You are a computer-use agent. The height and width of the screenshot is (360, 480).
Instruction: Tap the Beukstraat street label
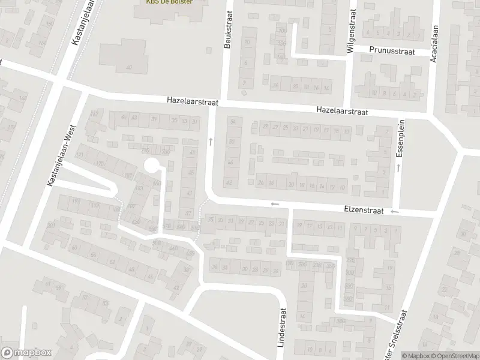pos(228,31)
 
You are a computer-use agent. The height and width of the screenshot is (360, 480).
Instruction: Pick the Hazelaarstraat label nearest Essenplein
pos(343,111)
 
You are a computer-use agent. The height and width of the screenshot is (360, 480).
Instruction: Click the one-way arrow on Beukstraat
pos(210,142)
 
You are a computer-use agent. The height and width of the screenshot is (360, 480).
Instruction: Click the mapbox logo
pos(26,353)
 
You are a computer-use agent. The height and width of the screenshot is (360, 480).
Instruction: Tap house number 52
pos(112,262)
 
